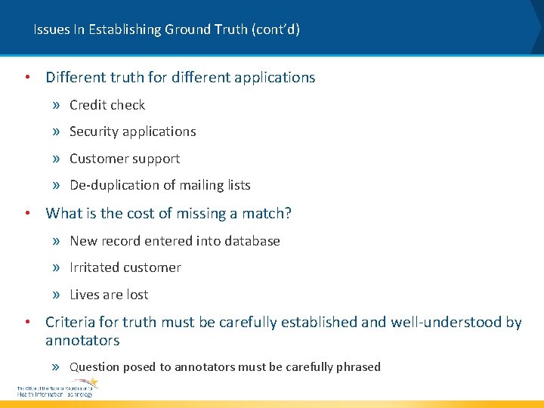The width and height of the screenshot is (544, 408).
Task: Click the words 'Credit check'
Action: pos(107,105)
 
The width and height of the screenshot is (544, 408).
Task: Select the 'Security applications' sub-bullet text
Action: pos(132,131)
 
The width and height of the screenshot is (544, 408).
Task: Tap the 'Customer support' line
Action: pos(125,159)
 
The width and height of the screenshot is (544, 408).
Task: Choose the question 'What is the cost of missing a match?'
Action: pos(168,213)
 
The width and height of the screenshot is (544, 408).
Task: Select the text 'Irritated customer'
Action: pos(125,267)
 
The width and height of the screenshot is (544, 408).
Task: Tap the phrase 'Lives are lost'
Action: pos(109,295)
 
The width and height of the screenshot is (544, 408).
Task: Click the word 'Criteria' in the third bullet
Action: pos(72,323)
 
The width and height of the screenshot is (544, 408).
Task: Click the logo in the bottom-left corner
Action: pos(57,388)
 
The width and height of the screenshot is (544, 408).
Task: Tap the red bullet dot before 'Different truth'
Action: pos(27,77)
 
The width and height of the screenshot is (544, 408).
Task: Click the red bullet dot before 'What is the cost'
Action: pos(27,213)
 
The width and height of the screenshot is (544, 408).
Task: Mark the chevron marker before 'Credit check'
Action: pos(57,106)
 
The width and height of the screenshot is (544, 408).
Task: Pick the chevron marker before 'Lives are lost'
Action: pos(57,295)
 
